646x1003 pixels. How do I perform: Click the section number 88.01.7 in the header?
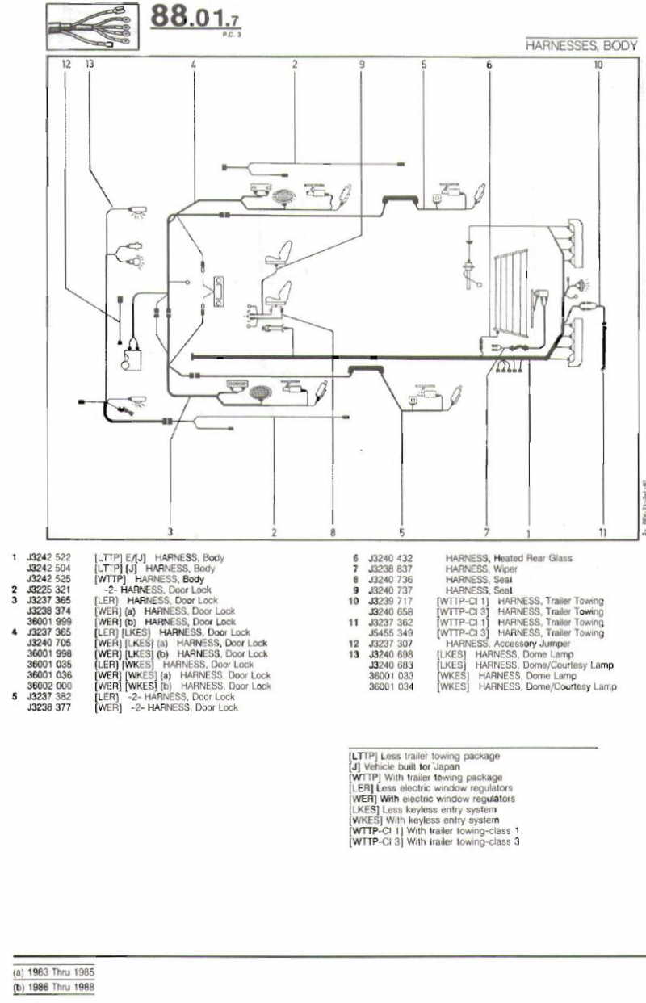point(196,19)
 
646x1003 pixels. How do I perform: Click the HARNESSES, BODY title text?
point(581,46)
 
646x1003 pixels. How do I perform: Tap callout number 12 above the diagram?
point(66,63)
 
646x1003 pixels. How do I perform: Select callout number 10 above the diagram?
point(598,63)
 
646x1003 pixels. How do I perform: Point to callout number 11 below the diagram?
point(602,532)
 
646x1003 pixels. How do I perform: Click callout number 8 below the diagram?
point(332,532)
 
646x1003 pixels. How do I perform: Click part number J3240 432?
point(390,558)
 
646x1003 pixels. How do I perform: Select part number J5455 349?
point(390,633)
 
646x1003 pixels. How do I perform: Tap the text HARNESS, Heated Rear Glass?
point(508,558)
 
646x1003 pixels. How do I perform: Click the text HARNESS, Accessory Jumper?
point(507,644)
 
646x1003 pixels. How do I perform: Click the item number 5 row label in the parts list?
point(15,696)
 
